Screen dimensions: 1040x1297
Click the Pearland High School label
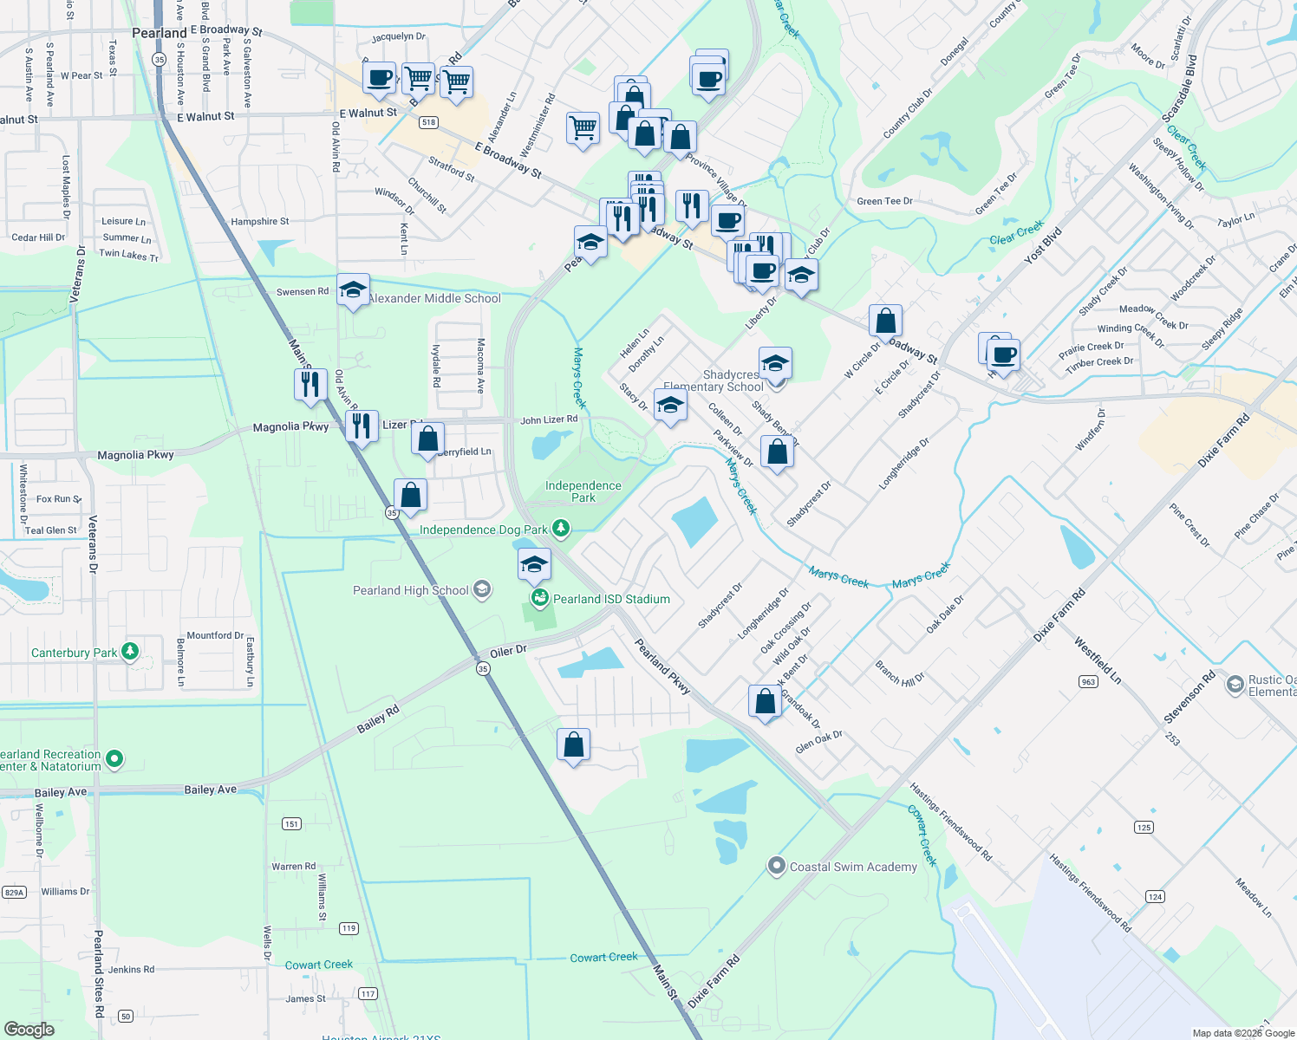411,591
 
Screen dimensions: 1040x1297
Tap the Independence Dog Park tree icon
561,529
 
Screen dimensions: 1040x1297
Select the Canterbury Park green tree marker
130,652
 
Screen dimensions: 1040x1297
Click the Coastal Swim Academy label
853,867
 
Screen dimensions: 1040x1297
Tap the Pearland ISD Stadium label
611,599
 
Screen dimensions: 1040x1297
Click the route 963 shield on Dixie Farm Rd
1089,681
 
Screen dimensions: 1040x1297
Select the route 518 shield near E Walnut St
428,122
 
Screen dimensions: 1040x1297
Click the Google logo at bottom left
29,1030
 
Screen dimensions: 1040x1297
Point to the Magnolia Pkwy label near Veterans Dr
135,455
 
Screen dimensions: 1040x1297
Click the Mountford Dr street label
215,635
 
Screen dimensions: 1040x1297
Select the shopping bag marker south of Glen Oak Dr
573,744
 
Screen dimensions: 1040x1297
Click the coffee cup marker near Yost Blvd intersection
1004,354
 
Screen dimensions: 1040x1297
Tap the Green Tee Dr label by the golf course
884,201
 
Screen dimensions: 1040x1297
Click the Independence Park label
583,491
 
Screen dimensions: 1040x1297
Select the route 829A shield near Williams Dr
14,892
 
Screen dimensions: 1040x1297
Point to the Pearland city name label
159,33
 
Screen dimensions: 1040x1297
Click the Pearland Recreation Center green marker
114,760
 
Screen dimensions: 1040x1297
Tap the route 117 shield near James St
368,994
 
